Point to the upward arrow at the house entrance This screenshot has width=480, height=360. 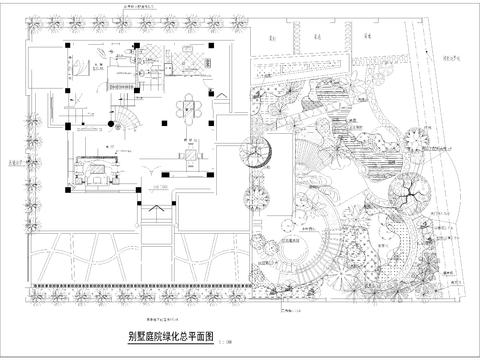tap(160, 184)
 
